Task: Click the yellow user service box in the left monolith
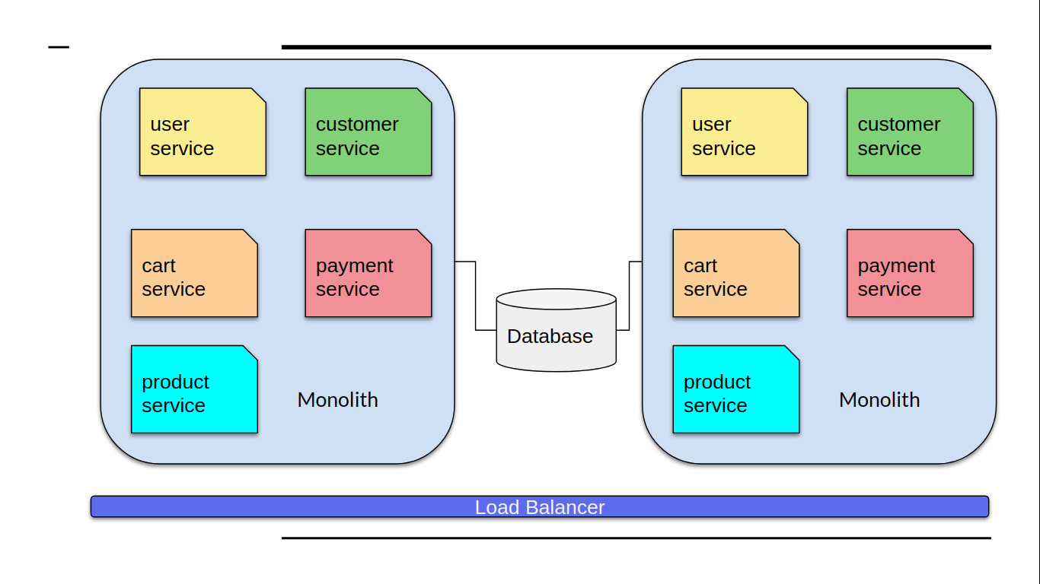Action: [203, 132]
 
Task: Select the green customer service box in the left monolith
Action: [368, 132]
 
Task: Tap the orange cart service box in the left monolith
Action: [194, 273]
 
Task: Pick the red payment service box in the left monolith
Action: [368, 273]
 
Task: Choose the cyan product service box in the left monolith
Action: [194, 389]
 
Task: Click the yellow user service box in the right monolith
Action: [744, 132]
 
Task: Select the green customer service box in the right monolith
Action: [910, 132]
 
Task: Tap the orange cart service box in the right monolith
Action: [735, 273]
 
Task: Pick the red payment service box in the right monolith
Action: [910, 273]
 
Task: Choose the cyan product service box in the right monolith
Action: [735, 389]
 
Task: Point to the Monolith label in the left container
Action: [337, 400]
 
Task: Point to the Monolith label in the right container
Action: [879, 400]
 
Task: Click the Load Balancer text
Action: [540, 507]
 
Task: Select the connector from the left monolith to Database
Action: [476, 296]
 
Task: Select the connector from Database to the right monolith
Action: [630, 296]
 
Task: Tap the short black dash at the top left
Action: [59, 47]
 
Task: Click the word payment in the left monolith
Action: [355, 265]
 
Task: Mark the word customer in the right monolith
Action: [899, 124]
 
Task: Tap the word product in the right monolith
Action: [717, 382]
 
